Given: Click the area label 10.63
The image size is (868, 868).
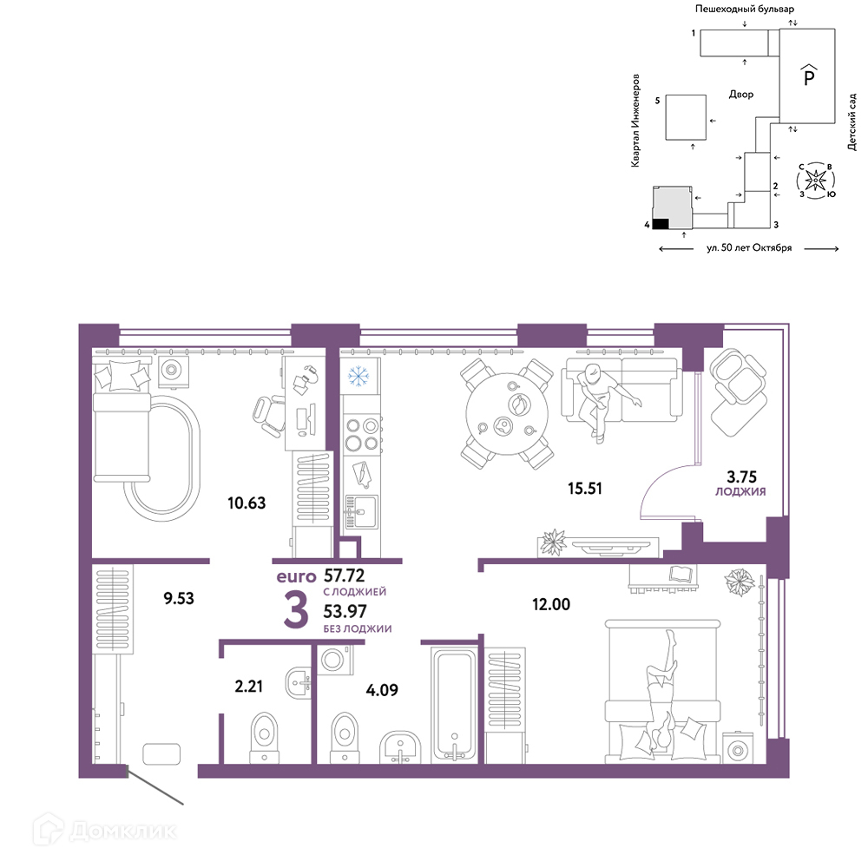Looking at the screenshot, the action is (247, 503).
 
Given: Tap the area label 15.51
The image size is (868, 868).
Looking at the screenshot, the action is (584, 488).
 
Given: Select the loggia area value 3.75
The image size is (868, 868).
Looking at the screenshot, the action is (741, 477).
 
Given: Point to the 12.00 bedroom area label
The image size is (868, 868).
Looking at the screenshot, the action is (551, 604).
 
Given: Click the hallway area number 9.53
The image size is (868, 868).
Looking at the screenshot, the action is (179, 598).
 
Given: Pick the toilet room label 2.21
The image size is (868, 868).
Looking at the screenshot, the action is (248, 686).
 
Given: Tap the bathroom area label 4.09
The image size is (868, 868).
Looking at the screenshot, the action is (382, 690).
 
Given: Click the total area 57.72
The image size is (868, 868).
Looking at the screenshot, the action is (345, 575).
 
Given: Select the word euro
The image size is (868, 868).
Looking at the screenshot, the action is (296, 577).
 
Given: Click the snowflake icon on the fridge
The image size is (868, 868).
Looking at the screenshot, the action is (358, 377).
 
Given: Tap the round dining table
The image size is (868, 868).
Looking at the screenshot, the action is (507, 414).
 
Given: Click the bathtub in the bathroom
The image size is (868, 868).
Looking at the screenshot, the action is (454, 704).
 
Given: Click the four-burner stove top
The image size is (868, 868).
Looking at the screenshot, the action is (361, 434).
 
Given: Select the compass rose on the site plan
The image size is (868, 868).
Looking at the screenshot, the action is (815, 180).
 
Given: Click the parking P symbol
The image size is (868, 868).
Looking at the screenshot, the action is (809, 76).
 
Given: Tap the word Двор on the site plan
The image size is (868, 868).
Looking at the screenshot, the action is (740, 94).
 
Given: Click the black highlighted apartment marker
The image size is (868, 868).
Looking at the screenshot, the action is (661, 224).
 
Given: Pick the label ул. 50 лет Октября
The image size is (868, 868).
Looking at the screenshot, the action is (749, 248).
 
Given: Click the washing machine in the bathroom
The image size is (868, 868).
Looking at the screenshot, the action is (335, 660).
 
